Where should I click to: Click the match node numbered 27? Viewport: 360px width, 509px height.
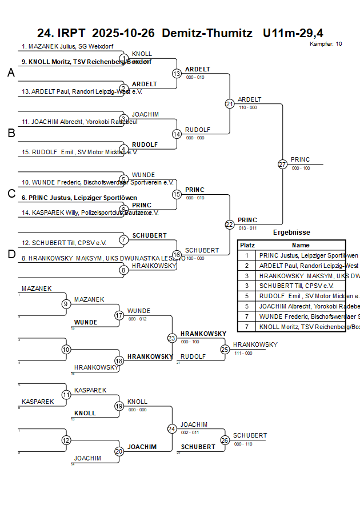[282, 164]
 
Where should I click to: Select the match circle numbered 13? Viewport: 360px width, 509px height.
[177, 73]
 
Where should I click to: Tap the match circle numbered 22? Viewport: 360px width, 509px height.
[230, 225]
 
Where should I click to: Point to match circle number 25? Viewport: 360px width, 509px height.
[225, 349]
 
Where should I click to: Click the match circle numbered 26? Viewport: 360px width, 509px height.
[225, 440]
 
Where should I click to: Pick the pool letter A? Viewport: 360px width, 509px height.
[11, 73]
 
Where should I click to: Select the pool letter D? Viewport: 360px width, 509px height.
[11, 254]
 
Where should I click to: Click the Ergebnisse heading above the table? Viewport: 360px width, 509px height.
[291, 233]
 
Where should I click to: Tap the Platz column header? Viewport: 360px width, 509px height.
[247, 245]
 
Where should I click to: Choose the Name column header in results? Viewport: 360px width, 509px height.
[301, 245]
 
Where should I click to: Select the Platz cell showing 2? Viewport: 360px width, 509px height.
[247, 266]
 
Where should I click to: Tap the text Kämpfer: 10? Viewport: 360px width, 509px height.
[326, 44]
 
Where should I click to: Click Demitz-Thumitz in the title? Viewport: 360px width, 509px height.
[207, 33]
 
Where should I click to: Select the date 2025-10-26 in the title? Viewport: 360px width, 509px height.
[123, 33]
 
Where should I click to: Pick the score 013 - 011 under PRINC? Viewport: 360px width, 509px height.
[247, 228]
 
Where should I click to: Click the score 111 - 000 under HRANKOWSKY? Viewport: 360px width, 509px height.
[243, 353]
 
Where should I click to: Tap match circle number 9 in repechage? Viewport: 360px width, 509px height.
[66, 303]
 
